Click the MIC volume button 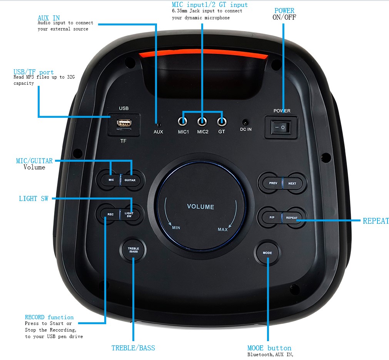click(111, 180)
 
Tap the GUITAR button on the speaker click(130, 180)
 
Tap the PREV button click(273, 183)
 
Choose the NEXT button click(292, 183)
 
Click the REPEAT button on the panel click(292, 218)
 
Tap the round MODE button click(267, 253)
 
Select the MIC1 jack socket click(183, 122)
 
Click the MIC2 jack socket click(202, 122)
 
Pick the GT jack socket click(222, 122)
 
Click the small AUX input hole click(158, 124)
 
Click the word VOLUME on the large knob click(200, 207)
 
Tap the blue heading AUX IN click(48, 18)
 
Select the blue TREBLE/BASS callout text click(133, 348)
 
